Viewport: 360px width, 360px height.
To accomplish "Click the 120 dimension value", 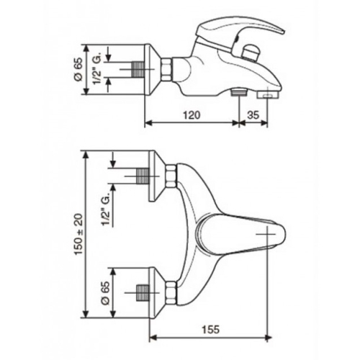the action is click(x=192, y=115).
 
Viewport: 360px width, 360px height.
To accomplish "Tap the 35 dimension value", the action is click(x=253, y=115).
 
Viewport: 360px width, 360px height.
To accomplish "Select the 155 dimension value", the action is click(x=210, y=329).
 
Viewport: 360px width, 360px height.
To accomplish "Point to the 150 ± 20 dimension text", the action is click(x=79, y=235).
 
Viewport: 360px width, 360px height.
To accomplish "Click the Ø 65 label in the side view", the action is click(x=78, y=69).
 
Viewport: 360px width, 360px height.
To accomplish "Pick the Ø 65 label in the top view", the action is click(x=105, y=293).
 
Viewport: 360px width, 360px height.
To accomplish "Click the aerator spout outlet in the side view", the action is click(x=268, y=95).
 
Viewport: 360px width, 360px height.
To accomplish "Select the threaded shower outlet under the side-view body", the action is click(x=239, y=92).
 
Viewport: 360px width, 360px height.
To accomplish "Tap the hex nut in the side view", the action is click(x=167, y=70).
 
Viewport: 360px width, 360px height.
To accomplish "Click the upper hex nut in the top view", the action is click(x=171, y=176).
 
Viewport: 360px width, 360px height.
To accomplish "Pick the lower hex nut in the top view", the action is click(x=171, y=293).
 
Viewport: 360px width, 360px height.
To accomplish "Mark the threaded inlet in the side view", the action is click(x=138, y=70).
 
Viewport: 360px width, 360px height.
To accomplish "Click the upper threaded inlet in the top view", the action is click(x=143, y=176).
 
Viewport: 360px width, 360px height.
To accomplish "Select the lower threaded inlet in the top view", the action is click(x=143, y=293).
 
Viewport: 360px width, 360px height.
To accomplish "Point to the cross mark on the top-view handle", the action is click(x=266, y=234).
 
